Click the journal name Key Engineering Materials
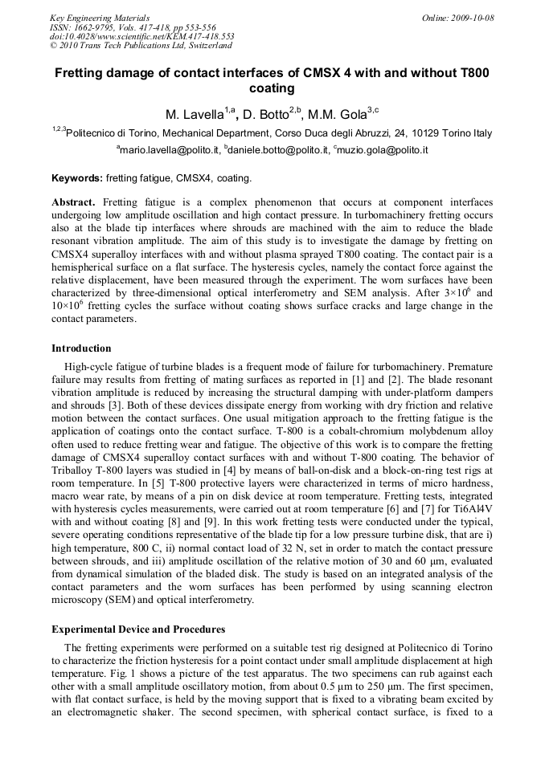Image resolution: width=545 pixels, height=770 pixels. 100,18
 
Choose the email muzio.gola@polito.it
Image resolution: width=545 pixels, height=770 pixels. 383,150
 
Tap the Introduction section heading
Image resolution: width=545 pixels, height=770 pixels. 81,348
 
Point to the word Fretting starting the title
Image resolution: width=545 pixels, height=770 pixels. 82,73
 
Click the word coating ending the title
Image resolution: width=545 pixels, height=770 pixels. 272,88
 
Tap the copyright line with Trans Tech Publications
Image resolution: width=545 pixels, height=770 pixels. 141,46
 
